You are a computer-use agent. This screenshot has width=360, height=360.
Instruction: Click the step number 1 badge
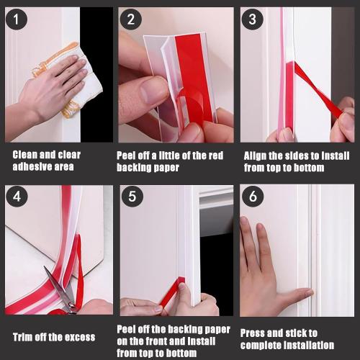(x=15, y=19)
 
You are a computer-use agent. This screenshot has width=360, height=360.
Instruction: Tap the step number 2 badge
(x=130, y=19)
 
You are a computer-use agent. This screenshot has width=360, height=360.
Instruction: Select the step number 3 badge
(x=251, y=19)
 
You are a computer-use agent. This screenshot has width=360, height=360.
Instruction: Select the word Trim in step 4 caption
(x=24, y=337)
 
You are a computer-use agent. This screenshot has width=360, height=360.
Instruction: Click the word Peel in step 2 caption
(x=129, y=155)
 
